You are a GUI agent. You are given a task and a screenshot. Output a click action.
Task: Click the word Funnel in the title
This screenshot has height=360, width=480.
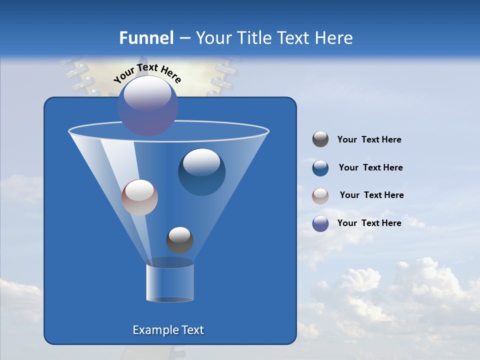click(x=146, y=37)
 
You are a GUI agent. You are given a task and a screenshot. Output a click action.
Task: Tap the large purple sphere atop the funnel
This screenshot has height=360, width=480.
click(x=148, y=106)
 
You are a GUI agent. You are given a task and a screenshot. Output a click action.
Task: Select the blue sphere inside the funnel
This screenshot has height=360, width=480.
click(x=201, y=172)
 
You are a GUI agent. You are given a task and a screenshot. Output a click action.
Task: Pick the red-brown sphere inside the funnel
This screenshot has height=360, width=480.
click(x=139, y=197)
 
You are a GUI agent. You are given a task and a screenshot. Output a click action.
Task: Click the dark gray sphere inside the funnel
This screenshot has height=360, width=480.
click(x=179, y=240)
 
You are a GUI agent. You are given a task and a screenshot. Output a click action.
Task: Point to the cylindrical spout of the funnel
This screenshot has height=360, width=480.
click(x=170, y=282)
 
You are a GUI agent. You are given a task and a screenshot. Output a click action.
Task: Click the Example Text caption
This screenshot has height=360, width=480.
click(x=168, y=330)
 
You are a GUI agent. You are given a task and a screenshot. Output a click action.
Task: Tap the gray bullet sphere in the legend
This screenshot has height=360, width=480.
click(x=320, y=139)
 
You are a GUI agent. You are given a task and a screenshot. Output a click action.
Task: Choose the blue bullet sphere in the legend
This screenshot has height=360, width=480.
click(x=320, y=168)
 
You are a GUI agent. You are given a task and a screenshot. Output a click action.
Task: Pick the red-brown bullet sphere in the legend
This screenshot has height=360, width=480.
click(x=320, y=195)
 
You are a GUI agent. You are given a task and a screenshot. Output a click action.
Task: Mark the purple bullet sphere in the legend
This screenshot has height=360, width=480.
click(x=320, y=223)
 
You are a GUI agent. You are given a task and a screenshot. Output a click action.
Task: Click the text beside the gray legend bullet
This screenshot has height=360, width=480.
click(x=369, y=140)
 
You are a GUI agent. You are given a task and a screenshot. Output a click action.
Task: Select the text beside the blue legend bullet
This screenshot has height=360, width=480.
click(x=370, y=168)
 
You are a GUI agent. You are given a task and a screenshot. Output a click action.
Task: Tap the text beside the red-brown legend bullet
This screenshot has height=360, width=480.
click(x=371, y=195)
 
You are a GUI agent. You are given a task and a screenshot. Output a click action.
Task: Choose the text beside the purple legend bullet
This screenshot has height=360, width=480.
click(x=369, y=223)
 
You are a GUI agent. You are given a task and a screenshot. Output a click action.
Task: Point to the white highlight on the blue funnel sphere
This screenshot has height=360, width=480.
click(x=201, y=162)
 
